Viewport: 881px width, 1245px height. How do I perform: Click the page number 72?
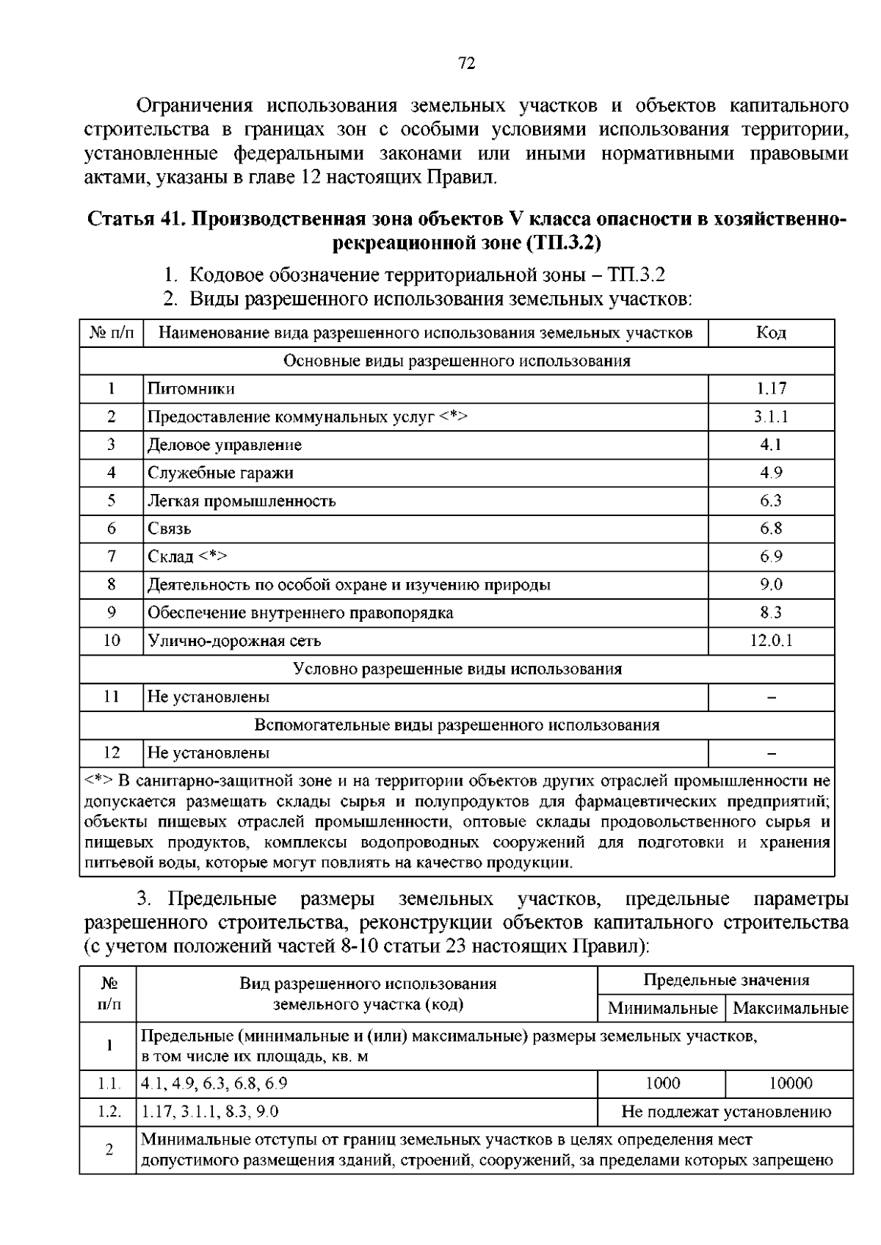[467, 64]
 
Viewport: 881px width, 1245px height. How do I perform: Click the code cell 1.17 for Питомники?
[771, 389]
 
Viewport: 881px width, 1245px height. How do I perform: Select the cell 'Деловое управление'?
[225, 445]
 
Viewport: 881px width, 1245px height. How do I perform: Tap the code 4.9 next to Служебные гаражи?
[771, 473]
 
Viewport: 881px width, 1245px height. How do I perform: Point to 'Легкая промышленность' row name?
[242, 501]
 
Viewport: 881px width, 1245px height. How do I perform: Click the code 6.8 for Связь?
[771, 529]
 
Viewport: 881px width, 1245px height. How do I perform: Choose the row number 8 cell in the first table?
[112, 584]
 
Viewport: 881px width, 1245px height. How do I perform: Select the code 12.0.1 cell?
[771, 641]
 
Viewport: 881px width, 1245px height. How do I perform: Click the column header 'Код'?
[771, 333]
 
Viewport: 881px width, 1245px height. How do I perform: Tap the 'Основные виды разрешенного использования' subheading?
[457, 361]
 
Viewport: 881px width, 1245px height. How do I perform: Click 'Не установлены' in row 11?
[209, 697]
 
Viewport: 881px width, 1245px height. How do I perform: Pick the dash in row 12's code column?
[771, 753]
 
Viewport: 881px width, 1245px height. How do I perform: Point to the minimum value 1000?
[662, 1084]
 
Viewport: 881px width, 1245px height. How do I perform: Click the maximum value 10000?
[790, 1084]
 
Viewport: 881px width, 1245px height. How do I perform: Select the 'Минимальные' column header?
[662, 1009]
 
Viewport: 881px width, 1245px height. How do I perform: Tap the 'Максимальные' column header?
[790, 1009]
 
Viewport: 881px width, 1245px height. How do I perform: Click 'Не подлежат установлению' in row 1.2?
[725, 1111]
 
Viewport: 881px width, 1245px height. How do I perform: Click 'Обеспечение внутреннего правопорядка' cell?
[300, 613]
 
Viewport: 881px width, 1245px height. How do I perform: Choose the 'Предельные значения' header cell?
[725, 980]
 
